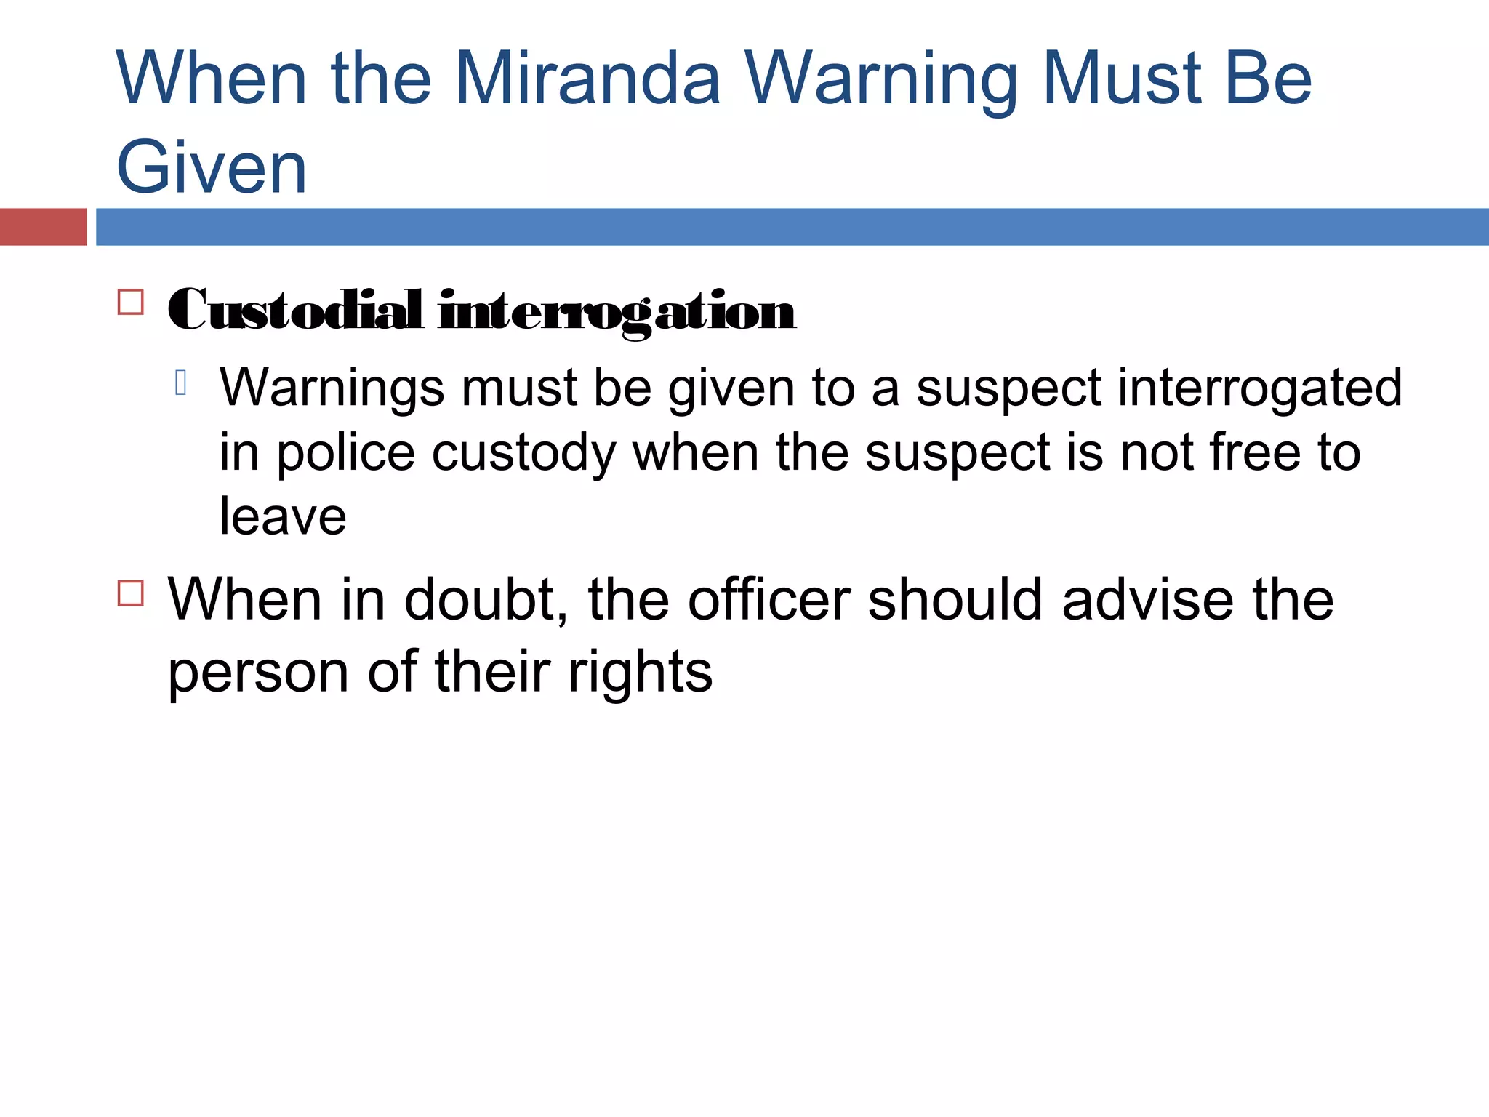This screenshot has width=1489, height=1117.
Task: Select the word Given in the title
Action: (212, 169)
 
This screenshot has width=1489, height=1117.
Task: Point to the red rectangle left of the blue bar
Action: (43, 227)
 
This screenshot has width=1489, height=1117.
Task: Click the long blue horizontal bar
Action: (792, 227)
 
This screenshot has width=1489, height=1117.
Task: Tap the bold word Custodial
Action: (295, 311)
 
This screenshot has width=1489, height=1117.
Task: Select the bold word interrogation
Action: (617, 312)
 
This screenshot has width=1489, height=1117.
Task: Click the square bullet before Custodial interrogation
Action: (131, 302)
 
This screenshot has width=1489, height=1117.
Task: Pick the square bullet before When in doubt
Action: (131, 593)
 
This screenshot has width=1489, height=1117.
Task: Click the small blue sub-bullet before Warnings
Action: (181, 383)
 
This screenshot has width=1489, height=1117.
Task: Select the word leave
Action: (283, 516)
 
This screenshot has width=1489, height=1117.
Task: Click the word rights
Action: (640, 673)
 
